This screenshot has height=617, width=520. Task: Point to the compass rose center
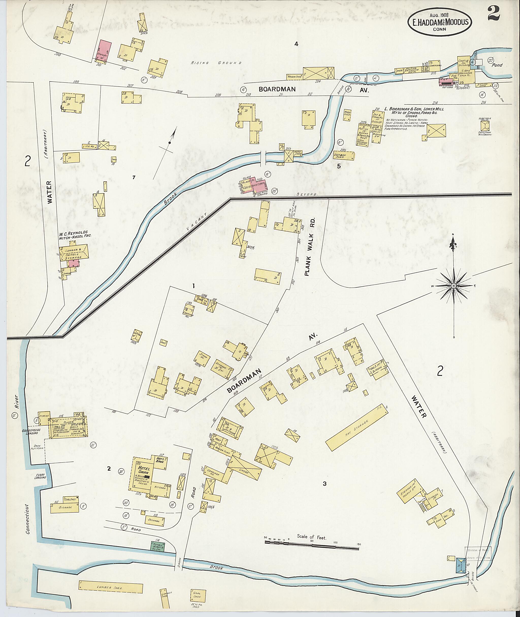454,286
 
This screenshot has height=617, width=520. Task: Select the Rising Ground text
216,63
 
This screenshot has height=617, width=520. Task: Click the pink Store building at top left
105,51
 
